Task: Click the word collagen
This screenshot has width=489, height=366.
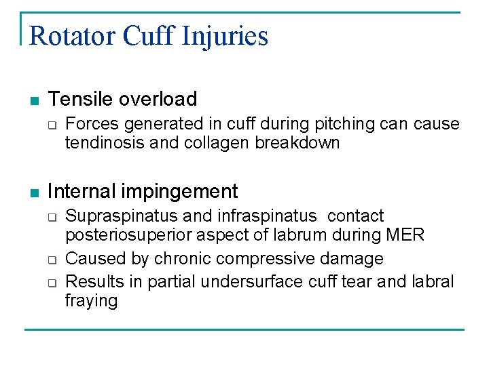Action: coord(219,142)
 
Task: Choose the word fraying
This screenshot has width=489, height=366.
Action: coord(91,300)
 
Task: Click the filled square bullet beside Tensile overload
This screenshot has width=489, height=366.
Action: coord(35,100)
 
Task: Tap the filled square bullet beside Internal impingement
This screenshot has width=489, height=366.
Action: coord(35,192)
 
